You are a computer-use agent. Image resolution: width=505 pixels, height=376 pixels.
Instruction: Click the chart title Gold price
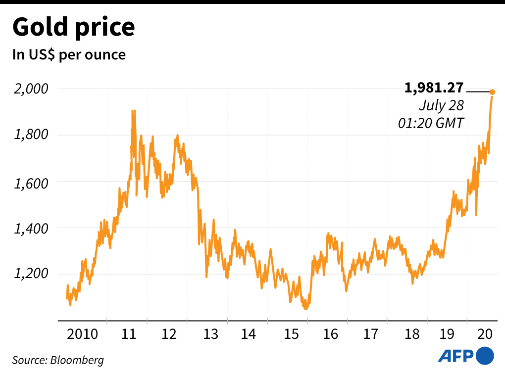coord(73,28)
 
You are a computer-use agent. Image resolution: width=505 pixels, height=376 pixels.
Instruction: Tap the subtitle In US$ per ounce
coord(69,54)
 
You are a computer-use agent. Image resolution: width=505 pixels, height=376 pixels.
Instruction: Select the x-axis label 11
coord(129,334)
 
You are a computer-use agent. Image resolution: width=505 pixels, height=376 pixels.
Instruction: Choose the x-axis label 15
coord(291,334)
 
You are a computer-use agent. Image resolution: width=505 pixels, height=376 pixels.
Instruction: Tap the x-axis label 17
coord(371,334)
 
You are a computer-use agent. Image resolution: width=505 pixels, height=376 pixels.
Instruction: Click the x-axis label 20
coord(485,334)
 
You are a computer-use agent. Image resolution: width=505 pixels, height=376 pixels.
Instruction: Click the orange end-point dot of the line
coord(492,92)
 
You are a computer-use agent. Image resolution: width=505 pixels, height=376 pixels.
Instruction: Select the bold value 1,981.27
coord(434,89)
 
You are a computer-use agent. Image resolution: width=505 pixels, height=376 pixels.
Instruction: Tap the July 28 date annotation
coord(441,105)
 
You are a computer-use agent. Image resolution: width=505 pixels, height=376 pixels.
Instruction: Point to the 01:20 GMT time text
coord(431,123)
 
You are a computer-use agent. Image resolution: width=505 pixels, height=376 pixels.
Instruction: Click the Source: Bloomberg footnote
coord(58,360)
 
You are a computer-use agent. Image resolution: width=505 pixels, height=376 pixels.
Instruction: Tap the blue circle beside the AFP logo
coord(485,355)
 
